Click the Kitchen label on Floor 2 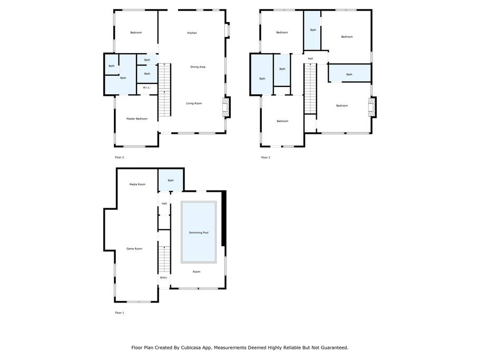(x=192, y=33)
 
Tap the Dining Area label (x=198, y=67)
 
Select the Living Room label (x=194, y=103)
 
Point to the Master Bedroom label (x=137, y=119)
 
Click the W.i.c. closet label (x=146, y=87)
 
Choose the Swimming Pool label (x=199, y=232)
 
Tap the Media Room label (x=138, y=184)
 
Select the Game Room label (x=134, y=249)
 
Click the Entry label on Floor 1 (x=164, y=278)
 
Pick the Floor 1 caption (x=120, y=313)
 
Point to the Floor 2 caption (x=120, y=158)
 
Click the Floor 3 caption (x=266, y=158)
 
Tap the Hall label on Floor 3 (x=310, y=59)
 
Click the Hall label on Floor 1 (x=164, y=203)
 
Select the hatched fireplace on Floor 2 (x=226, y=107)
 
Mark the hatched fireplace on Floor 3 (x=372, y=107)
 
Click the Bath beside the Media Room (x=171, y=180)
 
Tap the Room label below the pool (x=197, y=271)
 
